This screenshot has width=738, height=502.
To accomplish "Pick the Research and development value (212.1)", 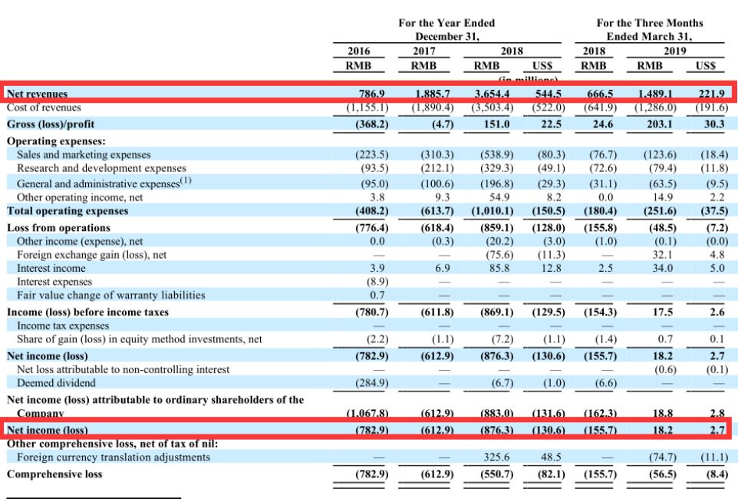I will (436, 168).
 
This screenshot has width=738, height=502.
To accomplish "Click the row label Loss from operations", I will (58, 227).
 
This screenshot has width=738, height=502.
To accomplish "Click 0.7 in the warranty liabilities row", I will (377, 295).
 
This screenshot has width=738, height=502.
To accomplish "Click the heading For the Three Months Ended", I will (649, 29).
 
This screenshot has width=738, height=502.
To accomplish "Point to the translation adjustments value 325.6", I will (498, 457).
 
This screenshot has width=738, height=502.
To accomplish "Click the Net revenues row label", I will (37, 94).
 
